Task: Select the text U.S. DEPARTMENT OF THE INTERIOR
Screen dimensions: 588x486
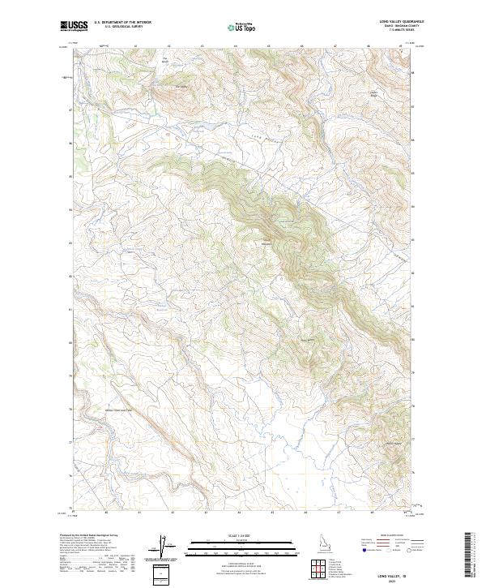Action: [122, 23]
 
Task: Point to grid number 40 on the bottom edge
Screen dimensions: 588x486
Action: [107, 513]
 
